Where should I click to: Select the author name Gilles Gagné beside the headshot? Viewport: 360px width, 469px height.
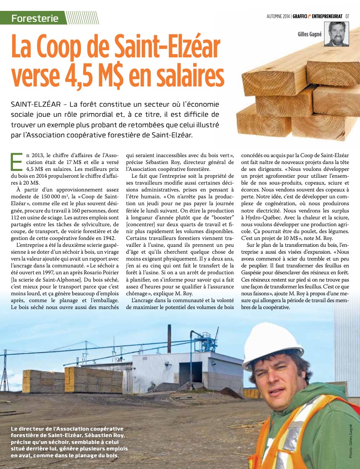click(x=310, y=34)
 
